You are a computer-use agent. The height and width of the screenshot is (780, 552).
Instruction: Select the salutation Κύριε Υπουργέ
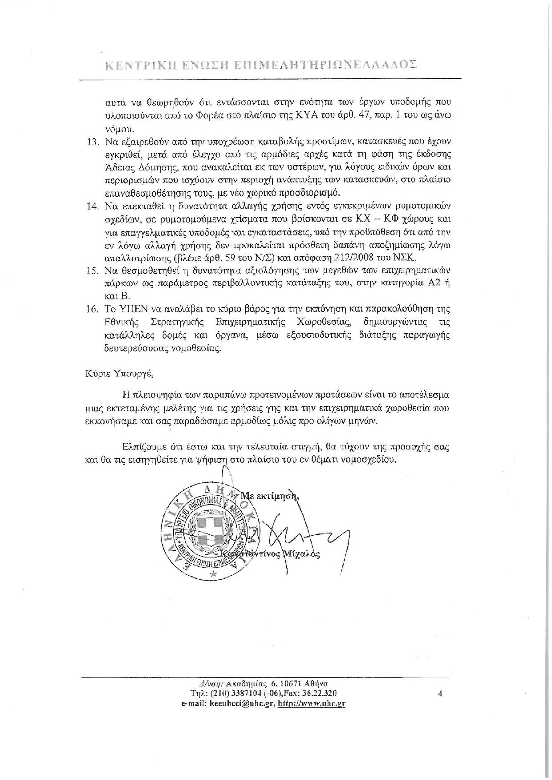[118, 373]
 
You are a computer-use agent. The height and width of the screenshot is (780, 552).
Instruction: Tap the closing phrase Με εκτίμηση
[270, 495]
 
